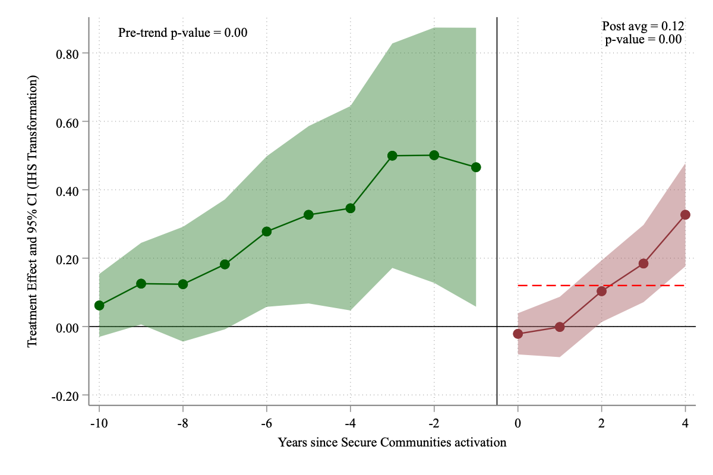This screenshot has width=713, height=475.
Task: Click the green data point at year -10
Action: tap(99, 305)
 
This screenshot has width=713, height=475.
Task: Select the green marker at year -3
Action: tap(392, 156)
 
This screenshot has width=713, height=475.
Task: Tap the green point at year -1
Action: tap(476, 167)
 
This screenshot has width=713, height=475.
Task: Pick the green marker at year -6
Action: tap(267, 232)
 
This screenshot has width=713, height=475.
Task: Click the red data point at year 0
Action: tap(518, 334)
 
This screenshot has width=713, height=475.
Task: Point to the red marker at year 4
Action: tap(685, 214)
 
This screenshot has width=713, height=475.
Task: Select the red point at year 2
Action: tap(601, 291)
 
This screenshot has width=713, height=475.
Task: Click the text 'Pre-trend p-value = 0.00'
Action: tap(183, 33)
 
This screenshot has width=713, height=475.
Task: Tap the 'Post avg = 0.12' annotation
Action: tap(643, 26)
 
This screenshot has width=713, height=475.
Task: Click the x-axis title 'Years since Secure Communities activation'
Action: tap(392, 442)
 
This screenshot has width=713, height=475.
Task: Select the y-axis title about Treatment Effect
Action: tap(33, 211)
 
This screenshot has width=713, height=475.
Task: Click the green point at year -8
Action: tap(183, 284)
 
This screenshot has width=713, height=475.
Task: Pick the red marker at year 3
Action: tap(643, 264)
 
